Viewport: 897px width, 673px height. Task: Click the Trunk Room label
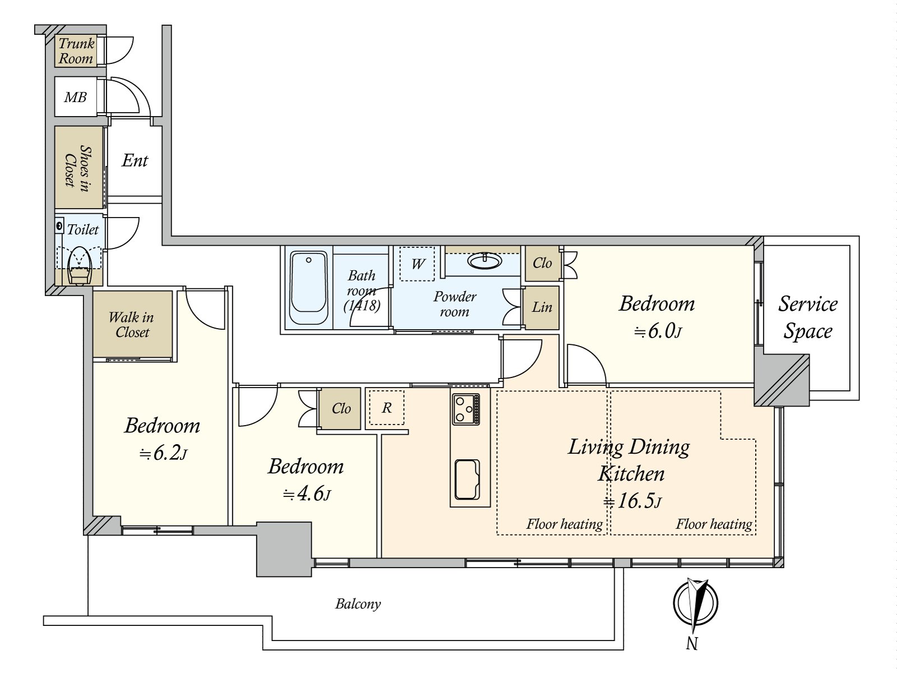[76, 51]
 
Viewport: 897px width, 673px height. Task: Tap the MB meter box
[75, 98]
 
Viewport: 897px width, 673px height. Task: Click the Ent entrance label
[135, 161]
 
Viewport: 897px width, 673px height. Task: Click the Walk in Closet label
[132, 325]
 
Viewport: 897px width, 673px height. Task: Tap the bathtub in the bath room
[308, 287]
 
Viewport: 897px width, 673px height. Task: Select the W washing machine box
[418, 264]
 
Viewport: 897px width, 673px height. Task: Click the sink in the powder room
[485, 261]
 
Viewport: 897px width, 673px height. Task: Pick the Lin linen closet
[542, 307]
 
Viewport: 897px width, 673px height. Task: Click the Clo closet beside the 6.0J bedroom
[542, 263]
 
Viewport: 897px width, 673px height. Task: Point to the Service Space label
[807, 317]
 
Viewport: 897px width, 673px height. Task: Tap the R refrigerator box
[387, 408]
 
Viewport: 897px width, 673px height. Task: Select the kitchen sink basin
[467, 480]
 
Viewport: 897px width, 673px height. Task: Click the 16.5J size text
[632, 500]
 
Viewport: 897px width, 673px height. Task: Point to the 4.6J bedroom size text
[307, 494]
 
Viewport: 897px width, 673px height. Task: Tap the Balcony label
[358, 604]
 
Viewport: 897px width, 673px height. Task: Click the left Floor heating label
[564, 524]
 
